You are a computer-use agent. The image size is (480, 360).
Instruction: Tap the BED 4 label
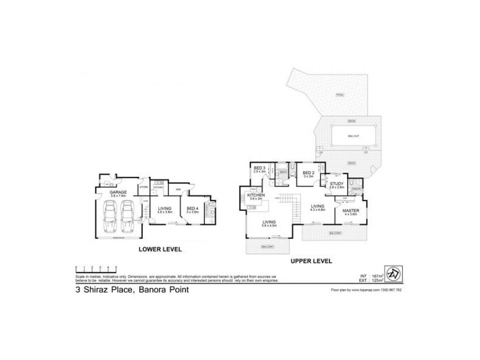[192, 209]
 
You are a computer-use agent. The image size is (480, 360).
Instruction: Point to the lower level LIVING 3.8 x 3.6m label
[164, 209]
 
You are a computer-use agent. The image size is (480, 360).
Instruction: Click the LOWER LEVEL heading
[160, 248]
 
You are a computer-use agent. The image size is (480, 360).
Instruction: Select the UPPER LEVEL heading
[311, 262]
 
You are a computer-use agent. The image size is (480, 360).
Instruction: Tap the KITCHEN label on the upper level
[256, 196]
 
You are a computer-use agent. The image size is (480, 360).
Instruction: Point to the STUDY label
[337, 185]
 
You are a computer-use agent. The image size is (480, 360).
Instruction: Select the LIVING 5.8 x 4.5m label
[269, 223]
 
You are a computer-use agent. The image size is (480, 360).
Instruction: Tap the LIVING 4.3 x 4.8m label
[317, 208]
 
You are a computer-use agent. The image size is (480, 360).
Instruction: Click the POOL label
[340, 95]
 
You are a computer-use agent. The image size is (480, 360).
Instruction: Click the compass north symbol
[392, 273]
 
